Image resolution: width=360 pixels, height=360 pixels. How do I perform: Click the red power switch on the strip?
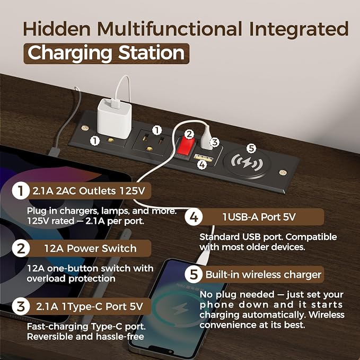[186, 147]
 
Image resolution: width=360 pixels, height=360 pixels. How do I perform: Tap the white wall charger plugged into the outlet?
[115, 119]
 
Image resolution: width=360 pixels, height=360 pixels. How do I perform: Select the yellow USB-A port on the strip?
[203, 157]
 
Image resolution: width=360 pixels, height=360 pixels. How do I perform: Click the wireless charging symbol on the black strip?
[247, 162]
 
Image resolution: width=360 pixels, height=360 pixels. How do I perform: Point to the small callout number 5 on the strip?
[251, 148]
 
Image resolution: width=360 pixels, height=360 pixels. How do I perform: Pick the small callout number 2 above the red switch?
[189, 134]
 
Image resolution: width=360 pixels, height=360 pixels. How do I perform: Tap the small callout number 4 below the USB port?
[202, 164]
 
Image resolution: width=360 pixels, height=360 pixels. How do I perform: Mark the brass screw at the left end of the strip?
[85, 128]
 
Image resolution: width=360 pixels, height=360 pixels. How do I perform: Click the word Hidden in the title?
[57, 29]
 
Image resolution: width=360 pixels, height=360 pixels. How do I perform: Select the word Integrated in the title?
[299, 29]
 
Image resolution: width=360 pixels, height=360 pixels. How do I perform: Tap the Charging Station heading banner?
[106, 53]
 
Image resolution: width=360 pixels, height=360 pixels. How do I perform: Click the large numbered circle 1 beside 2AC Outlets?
[21, 190]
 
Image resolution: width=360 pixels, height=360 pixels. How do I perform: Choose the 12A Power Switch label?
[90, 249]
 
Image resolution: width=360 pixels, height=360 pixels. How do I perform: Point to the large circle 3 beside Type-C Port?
[21, 306]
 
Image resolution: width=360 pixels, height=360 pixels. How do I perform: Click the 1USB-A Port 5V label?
[259, 217]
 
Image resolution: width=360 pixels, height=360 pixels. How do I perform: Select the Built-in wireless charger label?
[263, 274]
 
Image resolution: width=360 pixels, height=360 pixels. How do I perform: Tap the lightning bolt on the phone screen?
[180, 309]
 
